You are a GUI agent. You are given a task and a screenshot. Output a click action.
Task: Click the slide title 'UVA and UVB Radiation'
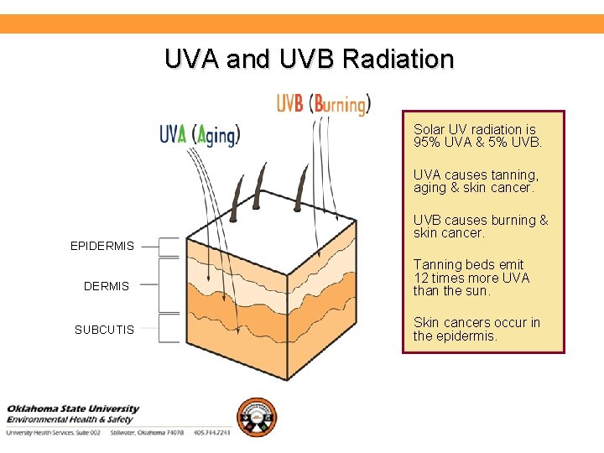pyautogui.click(x=309, y=60)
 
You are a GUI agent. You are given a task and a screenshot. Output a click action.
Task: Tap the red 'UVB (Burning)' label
pyautogui.click(x=323, y=104)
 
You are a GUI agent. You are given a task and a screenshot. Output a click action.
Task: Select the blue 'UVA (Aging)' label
pyautogui.click(x=200, y=134)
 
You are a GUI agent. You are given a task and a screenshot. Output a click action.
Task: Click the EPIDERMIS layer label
pyautogui.click(x=102, y=246)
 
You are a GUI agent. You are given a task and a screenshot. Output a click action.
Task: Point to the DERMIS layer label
pyautogui.click(x=107, y=286)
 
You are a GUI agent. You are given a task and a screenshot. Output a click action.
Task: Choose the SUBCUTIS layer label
pyautogui.click(x=104, y=330)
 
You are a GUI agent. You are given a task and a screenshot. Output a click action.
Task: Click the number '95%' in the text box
pyautogui.click(x=427, y=143)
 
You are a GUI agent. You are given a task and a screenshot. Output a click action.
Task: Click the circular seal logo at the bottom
pyautogui.click(x=256, y=417)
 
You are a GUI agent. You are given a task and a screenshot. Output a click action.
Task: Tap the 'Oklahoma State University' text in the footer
pyautogui.click(x=73, y=409)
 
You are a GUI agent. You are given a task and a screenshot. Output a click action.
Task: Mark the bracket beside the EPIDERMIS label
pyautogui.click(x=171, y=246)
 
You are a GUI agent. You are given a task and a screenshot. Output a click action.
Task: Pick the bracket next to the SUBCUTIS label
pyautogui.click(x=171, y=328)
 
